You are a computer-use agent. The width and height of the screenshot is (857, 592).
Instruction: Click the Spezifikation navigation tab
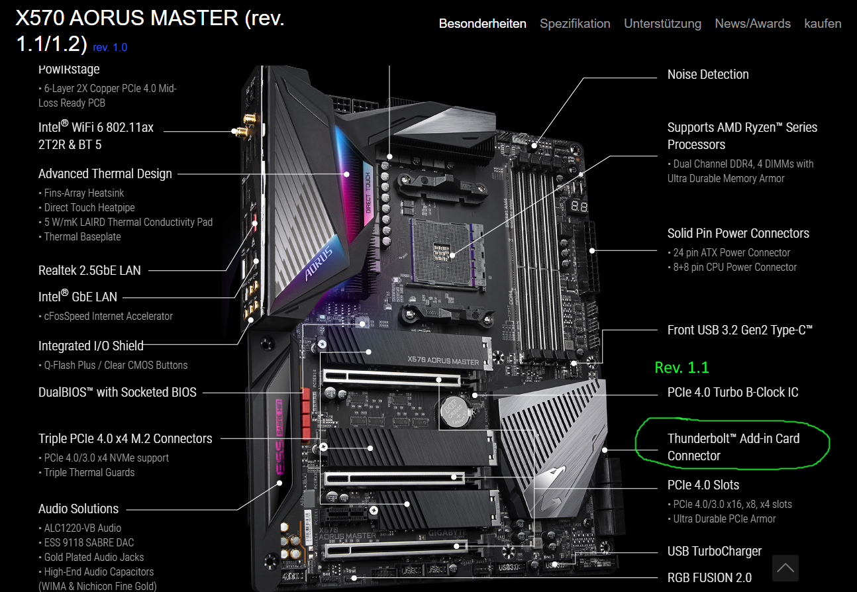coord(575,24)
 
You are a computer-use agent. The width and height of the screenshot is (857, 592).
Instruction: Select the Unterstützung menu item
coord(662,24)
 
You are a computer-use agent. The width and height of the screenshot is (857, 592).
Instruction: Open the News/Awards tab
coord(752,24)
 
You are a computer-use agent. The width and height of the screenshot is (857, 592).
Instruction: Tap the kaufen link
coord(823,24)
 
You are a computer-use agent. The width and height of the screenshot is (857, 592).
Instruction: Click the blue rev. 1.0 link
coord(110,48)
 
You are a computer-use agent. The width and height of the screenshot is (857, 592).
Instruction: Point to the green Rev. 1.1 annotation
coord(681,368)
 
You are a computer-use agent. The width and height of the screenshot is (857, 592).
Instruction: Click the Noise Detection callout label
coord(708,74)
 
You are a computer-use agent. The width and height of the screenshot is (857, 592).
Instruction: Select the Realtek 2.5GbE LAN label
coord(89,270)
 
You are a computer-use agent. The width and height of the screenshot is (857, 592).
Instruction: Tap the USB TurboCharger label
coord(715,551)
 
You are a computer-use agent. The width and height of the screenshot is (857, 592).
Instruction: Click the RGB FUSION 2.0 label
coord(709,577)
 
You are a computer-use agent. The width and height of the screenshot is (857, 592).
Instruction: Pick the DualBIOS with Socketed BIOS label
coord(117,392)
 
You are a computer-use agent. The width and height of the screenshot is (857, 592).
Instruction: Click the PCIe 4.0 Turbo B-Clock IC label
coord(732,392)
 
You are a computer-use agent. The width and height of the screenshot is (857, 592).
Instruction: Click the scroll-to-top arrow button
coord(785,568)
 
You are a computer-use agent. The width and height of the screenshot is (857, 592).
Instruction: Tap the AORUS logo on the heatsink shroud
coord(319,263)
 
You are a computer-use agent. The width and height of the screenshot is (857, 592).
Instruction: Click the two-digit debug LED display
coord(579,207)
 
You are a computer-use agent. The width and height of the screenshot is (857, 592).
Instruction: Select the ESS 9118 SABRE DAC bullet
coord(87,543)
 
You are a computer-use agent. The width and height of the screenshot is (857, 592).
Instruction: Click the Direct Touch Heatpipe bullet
coord(87,208)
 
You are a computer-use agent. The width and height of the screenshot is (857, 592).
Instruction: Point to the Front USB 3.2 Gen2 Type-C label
coord(740,330)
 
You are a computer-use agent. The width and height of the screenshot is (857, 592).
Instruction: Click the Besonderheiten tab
coord(482,24)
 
